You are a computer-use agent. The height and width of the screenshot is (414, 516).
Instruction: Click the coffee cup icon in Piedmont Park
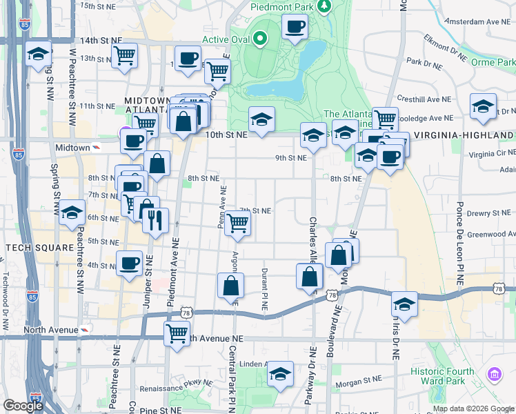[295, 27]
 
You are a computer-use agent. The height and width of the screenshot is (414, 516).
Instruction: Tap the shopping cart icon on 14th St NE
[124, 55]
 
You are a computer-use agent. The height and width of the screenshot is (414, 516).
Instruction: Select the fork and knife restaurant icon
[155, 220]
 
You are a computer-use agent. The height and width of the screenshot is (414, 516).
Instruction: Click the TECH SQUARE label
[39, 248]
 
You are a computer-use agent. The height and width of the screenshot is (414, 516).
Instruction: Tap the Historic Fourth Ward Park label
[453, 376]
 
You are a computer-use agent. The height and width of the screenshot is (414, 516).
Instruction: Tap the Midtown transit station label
[72, 148]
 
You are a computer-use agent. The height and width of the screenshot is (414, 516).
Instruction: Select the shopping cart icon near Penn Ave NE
[237, 224]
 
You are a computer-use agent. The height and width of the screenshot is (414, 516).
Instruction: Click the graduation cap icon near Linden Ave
[280, 375]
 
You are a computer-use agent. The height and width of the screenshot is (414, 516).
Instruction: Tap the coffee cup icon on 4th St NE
[129, 263]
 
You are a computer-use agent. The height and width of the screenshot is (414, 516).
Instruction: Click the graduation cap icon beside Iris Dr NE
[404, 304]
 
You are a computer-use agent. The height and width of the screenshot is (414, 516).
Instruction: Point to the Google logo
[23, 406]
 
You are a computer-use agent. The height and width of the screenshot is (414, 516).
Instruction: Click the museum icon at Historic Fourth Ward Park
[494, 375]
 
